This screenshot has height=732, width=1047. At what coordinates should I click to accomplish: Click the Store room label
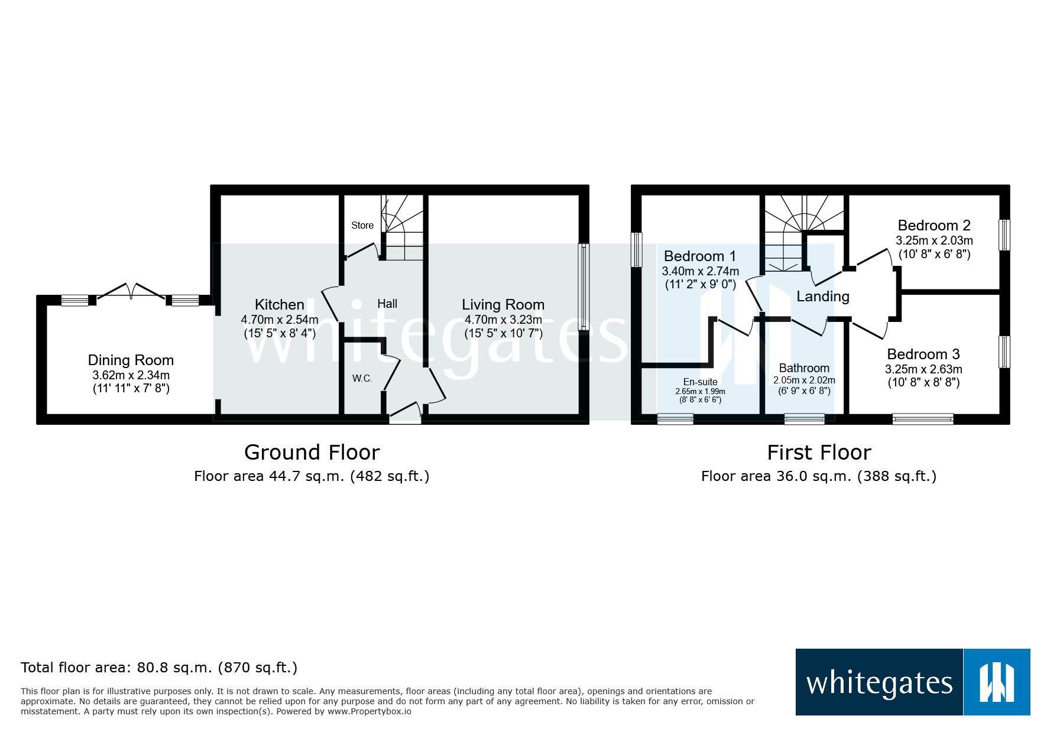pyautogui.click(x=362, y=225)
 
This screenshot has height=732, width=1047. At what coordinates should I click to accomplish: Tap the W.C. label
pyautogui.click(x=362, y=378)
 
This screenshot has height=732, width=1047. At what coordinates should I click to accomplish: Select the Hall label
pyautogui.click(x=387, y=304)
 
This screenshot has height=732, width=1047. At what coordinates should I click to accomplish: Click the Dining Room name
pyautogui.click(x=131, y=360)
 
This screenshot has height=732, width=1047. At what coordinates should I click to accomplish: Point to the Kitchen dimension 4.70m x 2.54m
pyautogui.click(x=280, y=320)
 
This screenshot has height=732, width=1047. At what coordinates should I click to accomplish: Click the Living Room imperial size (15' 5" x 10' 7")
pyautogui.click(x=503, y=333)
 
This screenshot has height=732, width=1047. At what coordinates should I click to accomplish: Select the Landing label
pyautogui.click(x=822, y=297)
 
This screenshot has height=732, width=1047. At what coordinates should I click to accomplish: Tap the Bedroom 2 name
pyautogui.click(x=933, y=225)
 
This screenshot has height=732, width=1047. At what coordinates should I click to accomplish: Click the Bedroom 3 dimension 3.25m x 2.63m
pyautogui.click(x=923, y=369)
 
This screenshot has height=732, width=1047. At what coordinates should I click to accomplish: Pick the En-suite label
pyautogui.click(x=700, y=382)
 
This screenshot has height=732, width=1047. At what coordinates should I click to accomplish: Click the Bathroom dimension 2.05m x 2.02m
pyautogui.click(x=804, y=380)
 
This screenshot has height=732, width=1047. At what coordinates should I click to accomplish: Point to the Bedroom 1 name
pyautogui.click(x=699, y=256)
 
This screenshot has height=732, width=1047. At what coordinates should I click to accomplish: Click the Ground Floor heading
pyautogui.click(x=312, y=453)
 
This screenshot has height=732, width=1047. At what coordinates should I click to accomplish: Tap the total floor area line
pyautogui.click(x=159, y=668)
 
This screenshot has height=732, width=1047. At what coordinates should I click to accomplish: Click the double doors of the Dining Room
pyautogui.click(x=131, y=292)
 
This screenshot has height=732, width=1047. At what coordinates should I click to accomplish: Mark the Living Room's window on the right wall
pyautogui.click(x=584, y=287)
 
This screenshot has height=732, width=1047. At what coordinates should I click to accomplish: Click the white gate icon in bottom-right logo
pyautogui.click(x=997, y=682)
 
